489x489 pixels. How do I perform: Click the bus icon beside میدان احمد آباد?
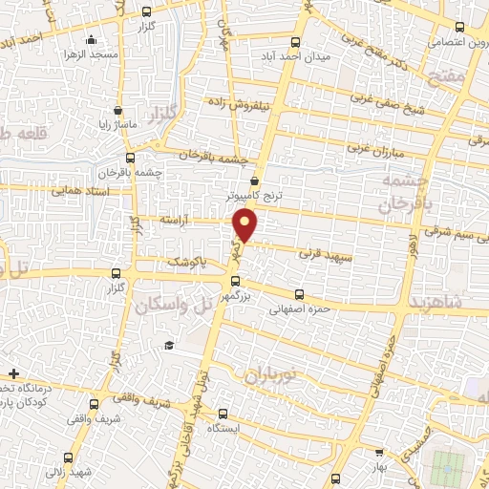point(294,42)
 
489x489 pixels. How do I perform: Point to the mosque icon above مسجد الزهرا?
point(91,40)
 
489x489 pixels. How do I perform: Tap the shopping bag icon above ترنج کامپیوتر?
point(254,181)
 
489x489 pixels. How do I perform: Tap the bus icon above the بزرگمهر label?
point(236,281)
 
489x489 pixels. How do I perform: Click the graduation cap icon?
point(169,345)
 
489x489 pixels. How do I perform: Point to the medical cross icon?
point(13,373)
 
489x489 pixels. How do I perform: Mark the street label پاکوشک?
point(188,260)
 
